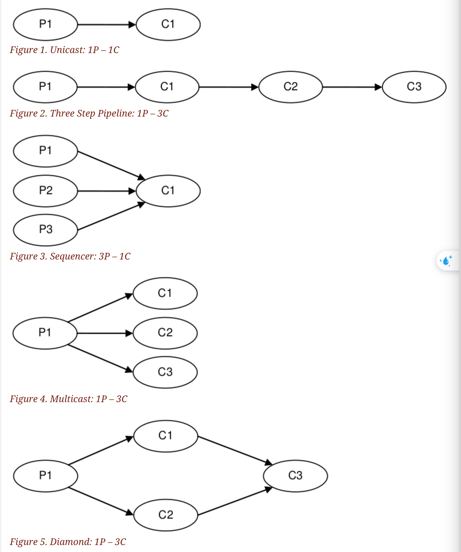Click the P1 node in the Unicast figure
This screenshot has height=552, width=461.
[x=46, y=24]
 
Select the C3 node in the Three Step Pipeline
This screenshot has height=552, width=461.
[x=414, y=87]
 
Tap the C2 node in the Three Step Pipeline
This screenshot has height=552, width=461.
[x=291, y=87]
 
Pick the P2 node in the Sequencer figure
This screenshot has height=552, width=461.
[x=46, y=191]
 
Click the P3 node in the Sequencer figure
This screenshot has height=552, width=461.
[x=46, y=230]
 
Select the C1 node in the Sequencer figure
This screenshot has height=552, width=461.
[x=168, y=191]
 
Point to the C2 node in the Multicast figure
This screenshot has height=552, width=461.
[x=165, y=333]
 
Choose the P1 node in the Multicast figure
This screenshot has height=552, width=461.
[x=45, y=333]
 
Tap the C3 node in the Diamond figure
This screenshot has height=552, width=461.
[x=295, y=476]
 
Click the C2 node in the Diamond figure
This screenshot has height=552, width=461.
[x=166, y=515]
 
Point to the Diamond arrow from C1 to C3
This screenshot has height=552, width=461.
[x=235, y=450]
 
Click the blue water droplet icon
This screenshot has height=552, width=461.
[x=446, y=261]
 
